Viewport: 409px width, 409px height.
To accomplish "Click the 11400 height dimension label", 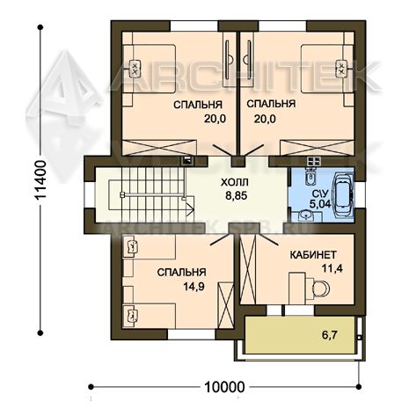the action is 40,180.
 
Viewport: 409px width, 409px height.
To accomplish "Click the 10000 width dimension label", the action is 224,387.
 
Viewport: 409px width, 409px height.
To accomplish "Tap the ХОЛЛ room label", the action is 235,182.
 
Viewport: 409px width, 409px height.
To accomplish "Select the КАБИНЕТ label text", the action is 313,255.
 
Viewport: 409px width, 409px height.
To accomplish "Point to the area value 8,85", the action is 237,195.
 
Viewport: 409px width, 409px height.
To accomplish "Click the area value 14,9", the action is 194,286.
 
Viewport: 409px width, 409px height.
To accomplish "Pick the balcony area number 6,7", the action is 329,334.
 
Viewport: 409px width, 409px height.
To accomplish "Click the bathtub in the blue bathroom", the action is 343,195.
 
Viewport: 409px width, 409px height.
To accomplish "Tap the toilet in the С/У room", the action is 310,177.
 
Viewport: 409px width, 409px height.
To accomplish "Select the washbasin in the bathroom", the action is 305,215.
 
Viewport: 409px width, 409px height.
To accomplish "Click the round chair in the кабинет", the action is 320,288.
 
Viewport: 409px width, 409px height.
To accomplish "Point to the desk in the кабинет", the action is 297,288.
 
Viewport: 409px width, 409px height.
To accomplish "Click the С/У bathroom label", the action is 320,194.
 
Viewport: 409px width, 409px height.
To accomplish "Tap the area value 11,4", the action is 332,268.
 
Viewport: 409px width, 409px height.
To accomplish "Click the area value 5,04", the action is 320,203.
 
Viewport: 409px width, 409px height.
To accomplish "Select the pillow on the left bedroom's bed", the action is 135,69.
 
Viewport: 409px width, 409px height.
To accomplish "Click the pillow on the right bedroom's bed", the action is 341,69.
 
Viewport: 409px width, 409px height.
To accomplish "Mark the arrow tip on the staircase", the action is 194,209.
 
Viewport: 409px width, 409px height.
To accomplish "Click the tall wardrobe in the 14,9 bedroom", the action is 225,304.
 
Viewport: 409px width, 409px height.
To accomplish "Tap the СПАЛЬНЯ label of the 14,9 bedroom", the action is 181,272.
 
